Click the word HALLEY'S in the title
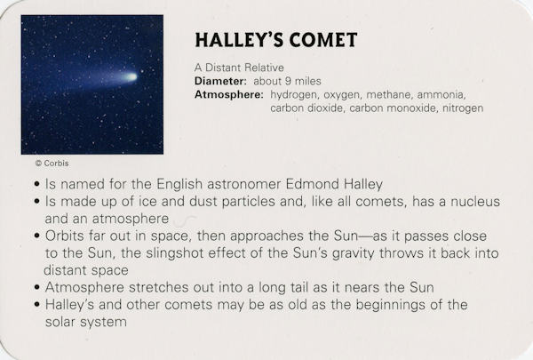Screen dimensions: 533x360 pos(239,40)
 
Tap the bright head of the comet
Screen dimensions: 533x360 pos(131,77)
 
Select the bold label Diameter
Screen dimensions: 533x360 pos(220,81)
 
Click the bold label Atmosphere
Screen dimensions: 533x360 pos(229,94)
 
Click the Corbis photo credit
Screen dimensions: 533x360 pos(52,164)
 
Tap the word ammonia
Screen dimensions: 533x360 pos(441,94)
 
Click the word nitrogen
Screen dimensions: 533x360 pos(463,108)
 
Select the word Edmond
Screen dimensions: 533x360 pos(312,184)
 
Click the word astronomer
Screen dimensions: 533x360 pos(243,185)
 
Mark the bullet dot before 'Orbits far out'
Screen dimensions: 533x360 pos(37,236)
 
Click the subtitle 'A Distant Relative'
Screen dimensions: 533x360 pos(239,68)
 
